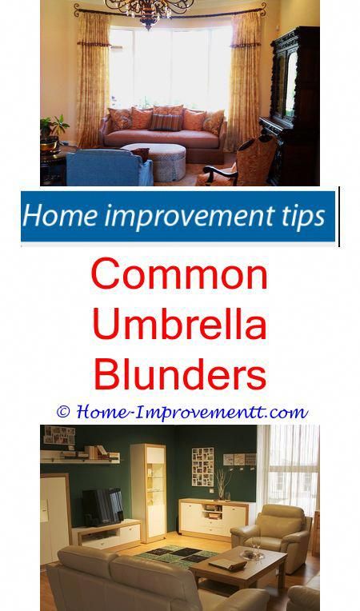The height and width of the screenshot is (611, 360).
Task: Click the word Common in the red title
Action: coord(179,274)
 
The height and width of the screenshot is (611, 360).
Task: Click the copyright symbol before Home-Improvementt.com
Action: coord(62,412)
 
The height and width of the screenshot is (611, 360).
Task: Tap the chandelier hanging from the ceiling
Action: coord(150,12)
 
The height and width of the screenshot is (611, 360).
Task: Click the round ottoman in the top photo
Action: coord(155,162)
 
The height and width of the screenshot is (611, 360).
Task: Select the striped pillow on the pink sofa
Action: coord(166,122)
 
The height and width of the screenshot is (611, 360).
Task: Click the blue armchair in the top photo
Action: coord(109,168)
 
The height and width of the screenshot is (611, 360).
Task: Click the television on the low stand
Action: coord(102,506)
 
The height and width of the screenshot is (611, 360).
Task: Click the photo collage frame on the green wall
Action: coord(202,467)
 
